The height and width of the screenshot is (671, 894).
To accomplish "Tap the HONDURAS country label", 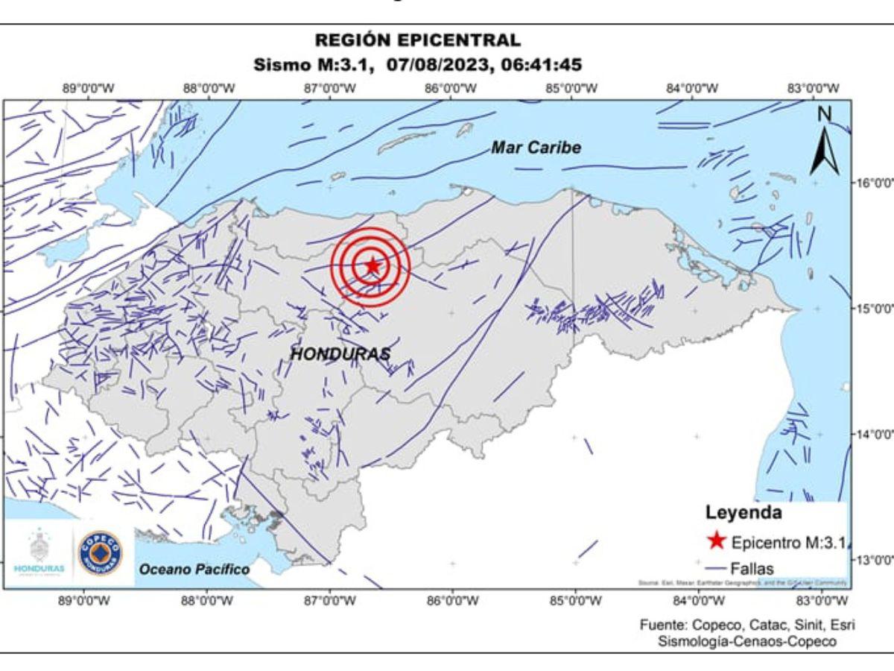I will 340,354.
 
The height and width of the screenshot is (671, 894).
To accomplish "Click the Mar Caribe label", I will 536,148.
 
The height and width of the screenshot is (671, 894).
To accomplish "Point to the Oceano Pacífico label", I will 194,570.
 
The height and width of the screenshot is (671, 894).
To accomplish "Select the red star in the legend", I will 715,541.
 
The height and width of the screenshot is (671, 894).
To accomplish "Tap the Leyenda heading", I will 743,513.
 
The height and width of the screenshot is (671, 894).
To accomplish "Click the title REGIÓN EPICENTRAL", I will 417,40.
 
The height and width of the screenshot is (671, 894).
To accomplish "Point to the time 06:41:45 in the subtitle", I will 540,64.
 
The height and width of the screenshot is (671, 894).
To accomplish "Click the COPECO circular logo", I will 101,552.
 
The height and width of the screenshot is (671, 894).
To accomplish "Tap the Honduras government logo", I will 39,552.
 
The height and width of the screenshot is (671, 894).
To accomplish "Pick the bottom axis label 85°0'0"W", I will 574,601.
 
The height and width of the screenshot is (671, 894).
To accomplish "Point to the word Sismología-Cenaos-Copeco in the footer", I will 746,641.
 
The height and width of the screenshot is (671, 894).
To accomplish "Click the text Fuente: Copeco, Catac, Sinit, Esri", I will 746,625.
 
